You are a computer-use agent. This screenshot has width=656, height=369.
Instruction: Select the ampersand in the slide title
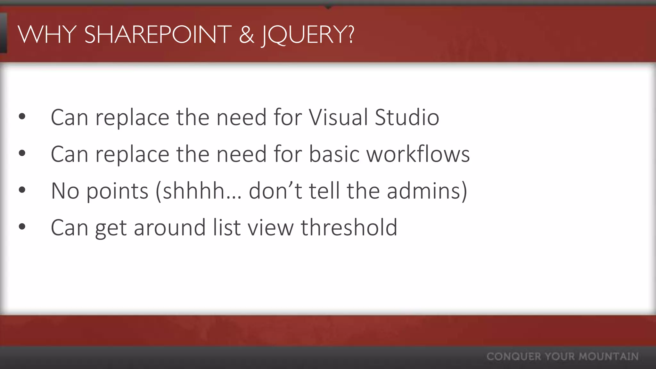(x=246, y=35)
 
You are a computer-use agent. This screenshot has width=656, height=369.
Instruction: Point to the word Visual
(x=338, y=117)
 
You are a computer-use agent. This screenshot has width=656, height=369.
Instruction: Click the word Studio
(x=407, y=117)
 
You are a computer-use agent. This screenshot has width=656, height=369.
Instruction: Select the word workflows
(x=418, y=154)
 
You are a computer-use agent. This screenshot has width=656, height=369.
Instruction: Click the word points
(x=118, y=191)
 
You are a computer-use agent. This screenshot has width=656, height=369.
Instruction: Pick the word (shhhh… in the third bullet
(x=199, y=191)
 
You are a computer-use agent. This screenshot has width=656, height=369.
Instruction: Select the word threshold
(x=349, y=227)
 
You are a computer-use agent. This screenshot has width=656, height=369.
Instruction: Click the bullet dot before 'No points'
(x=22, y=190)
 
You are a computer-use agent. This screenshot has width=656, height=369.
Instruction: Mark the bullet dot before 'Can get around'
(x=22, y=227)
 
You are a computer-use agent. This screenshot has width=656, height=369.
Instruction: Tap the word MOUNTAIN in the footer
(x=609, y=357)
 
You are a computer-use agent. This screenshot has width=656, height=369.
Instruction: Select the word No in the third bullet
(x=65, y=191)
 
